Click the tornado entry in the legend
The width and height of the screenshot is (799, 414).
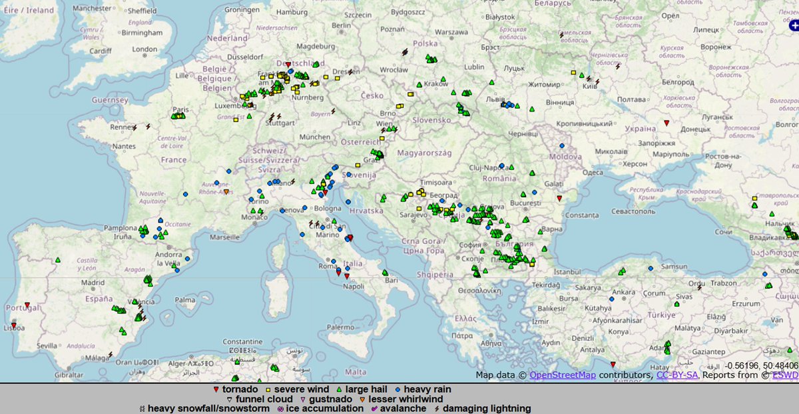point(236,389)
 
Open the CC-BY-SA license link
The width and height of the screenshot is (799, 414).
point(677,375)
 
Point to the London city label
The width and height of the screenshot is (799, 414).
point(144,49)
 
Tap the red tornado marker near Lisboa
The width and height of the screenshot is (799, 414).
point(14,327)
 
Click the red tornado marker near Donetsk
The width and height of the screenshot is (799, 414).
point(666,123)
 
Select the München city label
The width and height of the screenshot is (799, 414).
point(314,137)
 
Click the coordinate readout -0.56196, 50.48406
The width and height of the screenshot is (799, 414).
point(762,366)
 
